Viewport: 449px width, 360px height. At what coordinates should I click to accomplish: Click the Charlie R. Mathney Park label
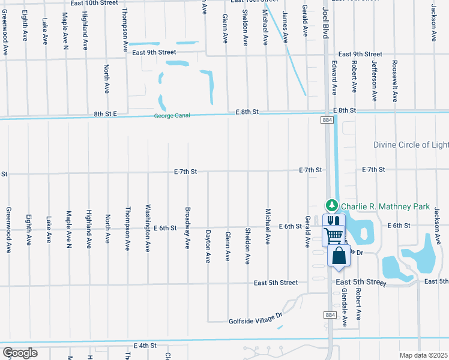(x=385, y=206)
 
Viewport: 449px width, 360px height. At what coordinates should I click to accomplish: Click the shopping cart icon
(x=333, y=236)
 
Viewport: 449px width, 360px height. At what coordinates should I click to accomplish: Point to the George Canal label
(x=172, y=116)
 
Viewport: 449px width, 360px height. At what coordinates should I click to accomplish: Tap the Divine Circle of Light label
(x=411, y=145)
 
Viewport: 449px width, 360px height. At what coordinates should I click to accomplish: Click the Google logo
(x=20, y=353)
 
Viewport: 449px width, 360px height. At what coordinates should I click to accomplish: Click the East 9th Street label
(x=360, y=54)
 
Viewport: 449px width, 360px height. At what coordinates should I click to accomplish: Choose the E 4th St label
(x=144, y=346)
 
